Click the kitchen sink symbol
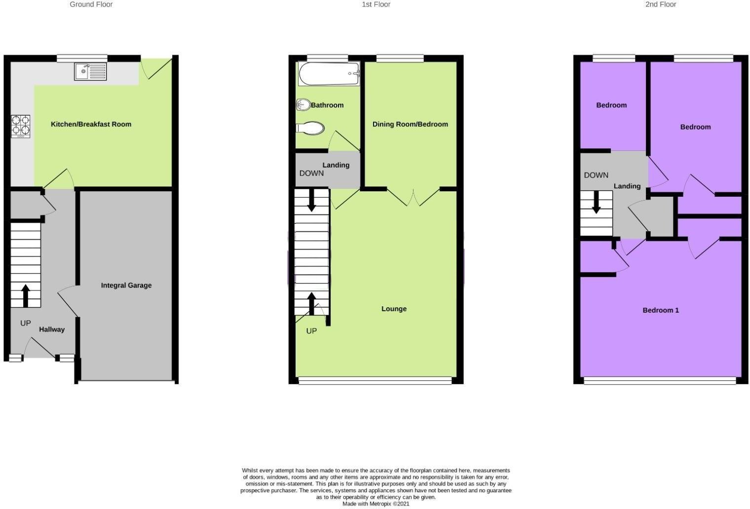[x=90, y=72]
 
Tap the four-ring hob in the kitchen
[x=21, y=125]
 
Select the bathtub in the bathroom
[x=329, y=74]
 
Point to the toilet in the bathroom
[x=310, y=128]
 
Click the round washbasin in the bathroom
[x=303, y=105]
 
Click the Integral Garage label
[x=126, y=285]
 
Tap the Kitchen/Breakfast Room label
[x=91, y=124]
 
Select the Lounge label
[x=394, y=309]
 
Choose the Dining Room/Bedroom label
[x=410, y=124]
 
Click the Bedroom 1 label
[x=661, y=310]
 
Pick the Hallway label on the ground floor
[x=52, y=329]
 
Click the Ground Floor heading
[x=91, y=4]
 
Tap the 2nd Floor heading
[x=661, y=4]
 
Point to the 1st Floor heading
[x=376, y=4]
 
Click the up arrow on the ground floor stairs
[x=26, y=295]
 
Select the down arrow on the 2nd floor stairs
[x=596, y=202]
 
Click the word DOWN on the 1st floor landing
[x=311, y=173]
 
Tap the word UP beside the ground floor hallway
[x=26, y=323]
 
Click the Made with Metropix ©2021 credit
[x=376, y=504]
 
